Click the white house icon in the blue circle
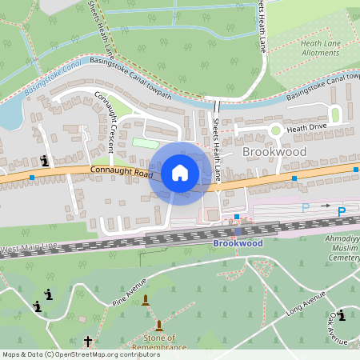(180, 173)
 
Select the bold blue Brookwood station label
(238, 242)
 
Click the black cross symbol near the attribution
(88, 342)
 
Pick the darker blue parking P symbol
(342, 212)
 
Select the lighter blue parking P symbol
(305, 208)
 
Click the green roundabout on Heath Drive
(275, 130)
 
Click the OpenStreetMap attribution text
(81, 354)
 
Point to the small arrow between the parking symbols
(326, 206)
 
